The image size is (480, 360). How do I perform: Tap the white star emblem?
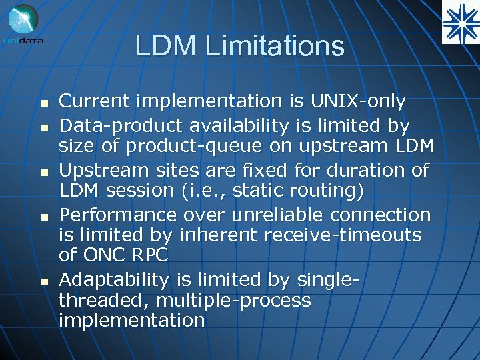460,21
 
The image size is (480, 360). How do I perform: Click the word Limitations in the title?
275,47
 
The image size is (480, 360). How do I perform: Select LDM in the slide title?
166,47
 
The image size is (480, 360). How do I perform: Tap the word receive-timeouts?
345,235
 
